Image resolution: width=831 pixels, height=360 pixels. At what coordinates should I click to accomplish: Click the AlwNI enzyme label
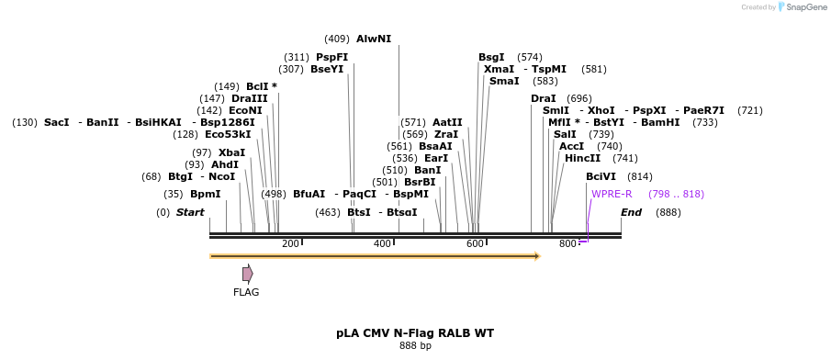pos(374,39)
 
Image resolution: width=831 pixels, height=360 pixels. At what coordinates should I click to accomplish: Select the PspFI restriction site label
pos(332,57)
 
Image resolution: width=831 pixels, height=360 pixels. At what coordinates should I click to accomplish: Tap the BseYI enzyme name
pos(327,69)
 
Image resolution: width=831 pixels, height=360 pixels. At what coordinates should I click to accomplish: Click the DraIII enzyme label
pos(250,98)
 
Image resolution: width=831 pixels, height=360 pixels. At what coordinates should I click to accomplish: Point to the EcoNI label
pos(245,110)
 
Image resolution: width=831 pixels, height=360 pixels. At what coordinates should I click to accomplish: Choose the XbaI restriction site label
pos(231,152)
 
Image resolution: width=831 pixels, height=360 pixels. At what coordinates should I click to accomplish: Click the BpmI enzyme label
pos(206,194)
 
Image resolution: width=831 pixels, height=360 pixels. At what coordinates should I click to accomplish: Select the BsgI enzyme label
pos(491,57)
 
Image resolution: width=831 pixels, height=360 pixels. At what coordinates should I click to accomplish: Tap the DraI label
pos(544,98)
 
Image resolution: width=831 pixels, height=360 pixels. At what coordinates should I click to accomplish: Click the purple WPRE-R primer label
pos(612,194)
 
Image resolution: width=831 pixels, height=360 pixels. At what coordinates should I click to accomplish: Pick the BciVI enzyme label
pos(601,176)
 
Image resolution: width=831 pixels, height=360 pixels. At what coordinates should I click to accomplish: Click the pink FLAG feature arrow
pos(247,274)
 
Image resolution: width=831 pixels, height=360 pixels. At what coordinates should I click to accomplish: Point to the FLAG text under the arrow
pos(246,293)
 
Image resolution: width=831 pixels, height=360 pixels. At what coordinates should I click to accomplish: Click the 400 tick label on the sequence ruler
pos(382,243)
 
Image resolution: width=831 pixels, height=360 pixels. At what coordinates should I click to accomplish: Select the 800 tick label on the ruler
pos(567,243)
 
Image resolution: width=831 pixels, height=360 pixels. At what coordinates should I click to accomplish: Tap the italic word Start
pos(190,212)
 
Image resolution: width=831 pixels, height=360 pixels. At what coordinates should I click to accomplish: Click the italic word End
pos(632,212)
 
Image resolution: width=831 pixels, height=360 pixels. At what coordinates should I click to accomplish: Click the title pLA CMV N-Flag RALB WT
pos(415,332)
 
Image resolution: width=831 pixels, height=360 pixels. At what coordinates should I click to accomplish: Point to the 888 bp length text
pos(415,346)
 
